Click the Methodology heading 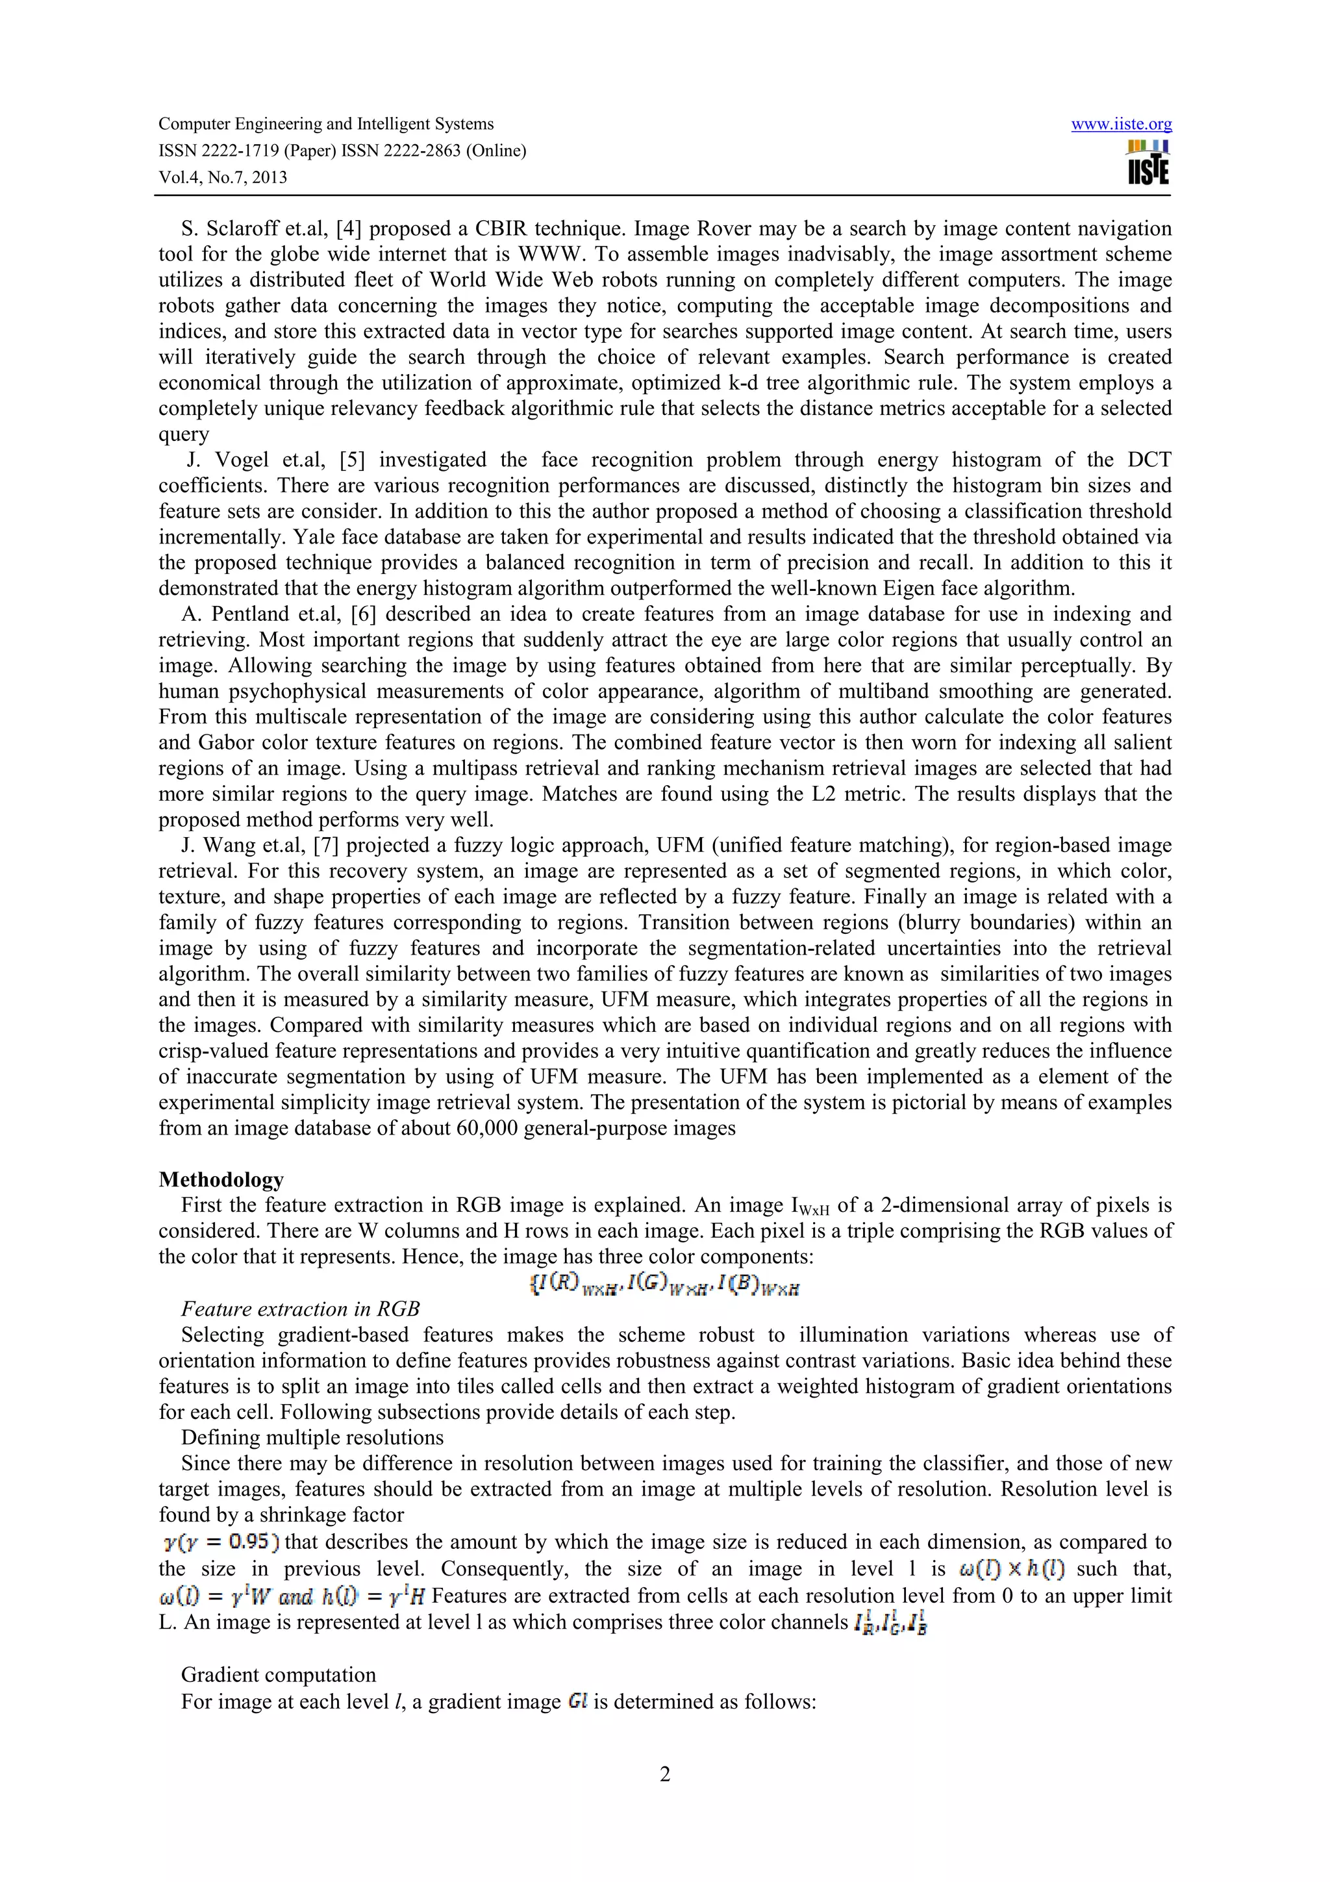pos(221,1179)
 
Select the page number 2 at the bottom pos(664,1775)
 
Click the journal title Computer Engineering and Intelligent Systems pos(325,124)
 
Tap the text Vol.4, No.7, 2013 pos(222,177)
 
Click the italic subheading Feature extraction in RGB pos(300,1309)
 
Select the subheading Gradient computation pos(279,1675)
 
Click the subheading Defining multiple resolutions pos(312,1438)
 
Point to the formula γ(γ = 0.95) pos(221,1542)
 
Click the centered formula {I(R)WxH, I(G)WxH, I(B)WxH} pos(664,1285)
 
